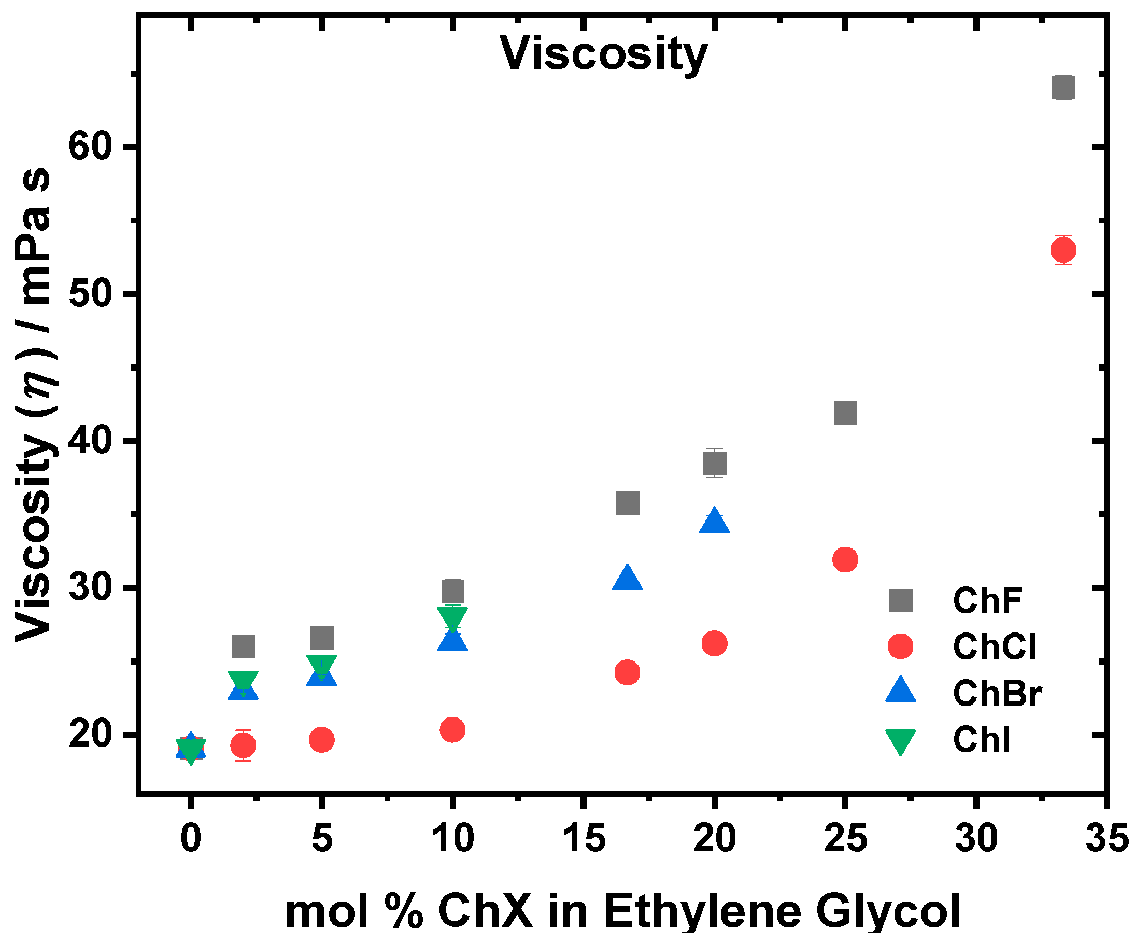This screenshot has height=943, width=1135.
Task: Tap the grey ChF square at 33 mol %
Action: coord(1063,88)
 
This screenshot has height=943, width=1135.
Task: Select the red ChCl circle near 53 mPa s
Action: coord(1063,250)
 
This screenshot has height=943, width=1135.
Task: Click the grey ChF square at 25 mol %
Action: coord(845,413)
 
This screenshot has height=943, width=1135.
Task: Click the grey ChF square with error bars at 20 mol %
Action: coord(715,463)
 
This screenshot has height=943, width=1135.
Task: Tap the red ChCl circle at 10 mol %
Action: coord(452,730)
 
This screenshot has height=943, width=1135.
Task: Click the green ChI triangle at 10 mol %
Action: coord(452,617)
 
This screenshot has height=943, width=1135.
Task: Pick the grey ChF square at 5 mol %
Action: coord(321,638)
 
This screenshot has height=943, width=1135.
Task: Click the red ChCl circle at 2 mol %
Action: coord(243,745)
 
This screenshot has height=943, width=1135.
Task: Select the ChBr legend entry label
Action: coord(997,693)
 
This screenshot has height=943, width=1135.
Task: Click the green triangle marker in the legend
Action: coord(900,740)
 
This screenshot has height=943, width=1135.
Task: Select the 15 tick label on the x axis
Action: coord(584,838)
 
